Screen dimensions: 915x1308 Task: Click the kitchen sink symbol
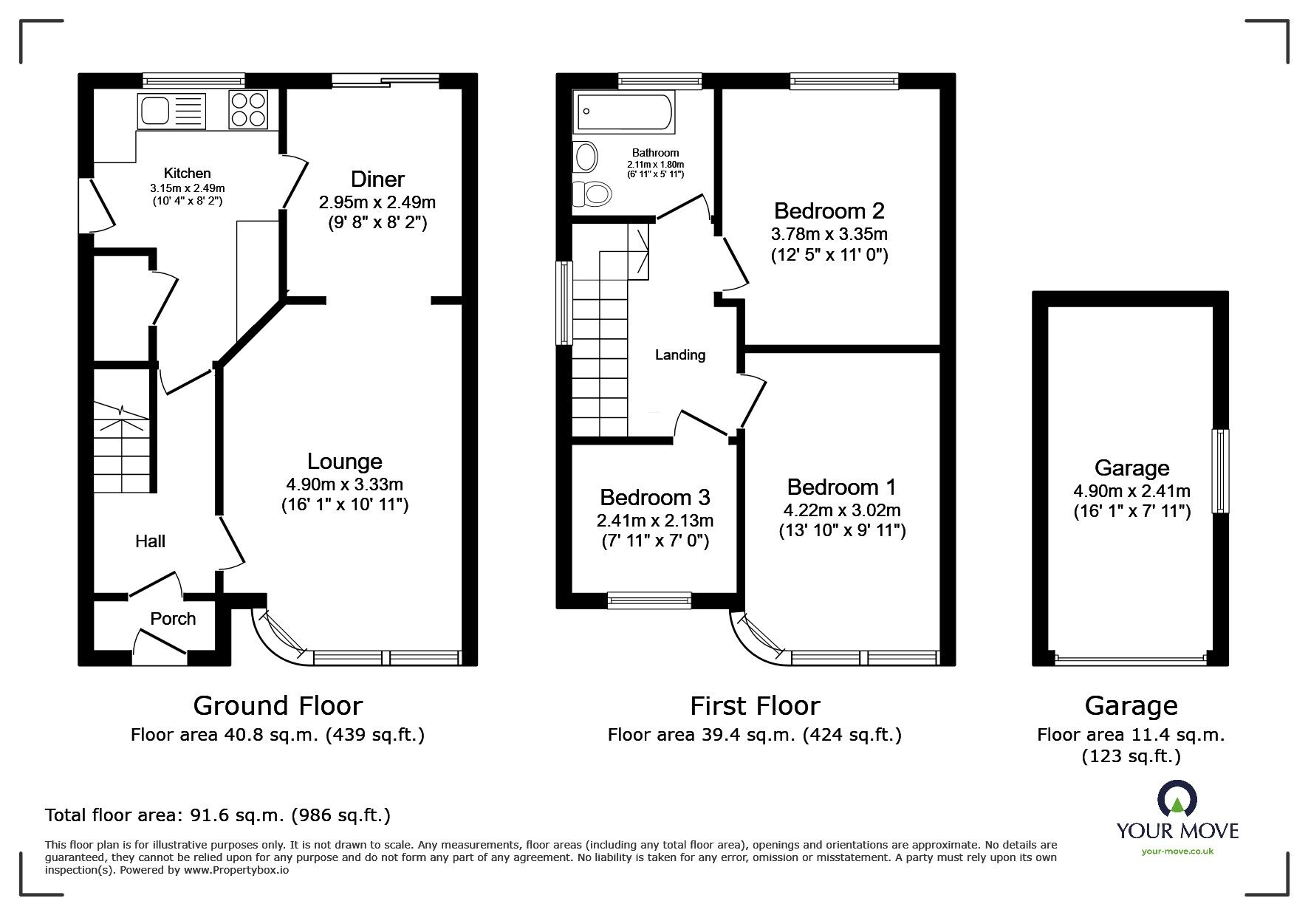(x=171, y=112)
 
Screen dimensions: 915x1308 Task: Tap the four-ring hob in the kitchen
(x=249, y=110)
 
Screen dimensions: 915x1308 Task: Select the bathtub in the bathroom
(x=625, y=113)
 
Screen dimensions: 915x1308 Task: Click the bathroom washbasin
(x=586, y=157)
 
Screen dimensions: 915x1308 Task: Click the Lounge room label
(x=345, y=462)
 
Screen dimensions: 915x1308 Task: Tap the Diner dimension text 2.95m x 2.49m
(x=377, y=202)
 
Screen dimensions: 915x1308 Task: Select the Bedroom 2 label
(x=829, y=211)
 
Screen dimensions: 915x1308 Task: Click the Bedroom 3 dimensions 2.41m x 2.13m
(x=655, y=520)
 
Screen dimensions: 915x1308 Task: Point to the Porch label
(x=173, y=619)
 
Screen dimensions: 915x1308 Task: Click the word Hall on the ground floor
(x=150, y=541)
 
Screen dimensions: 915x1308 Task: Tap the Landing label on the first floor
(x=680, y=355)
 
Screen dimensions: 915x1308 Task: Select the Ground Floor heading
(x=278, y=706)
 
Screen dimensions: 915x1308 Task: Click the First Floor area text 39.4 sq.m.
(x=754, y=735)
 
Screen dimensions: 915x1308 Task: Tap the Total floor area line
(x=218, y=815)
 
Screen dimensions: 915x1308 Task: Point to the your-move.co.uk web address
(x=1177, y=851)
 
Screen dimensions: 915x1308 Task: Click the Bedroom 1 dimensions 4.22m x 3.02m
(x=842, y=510)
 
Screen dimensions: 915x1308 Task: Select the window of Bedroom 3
(x=649, y=600)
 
